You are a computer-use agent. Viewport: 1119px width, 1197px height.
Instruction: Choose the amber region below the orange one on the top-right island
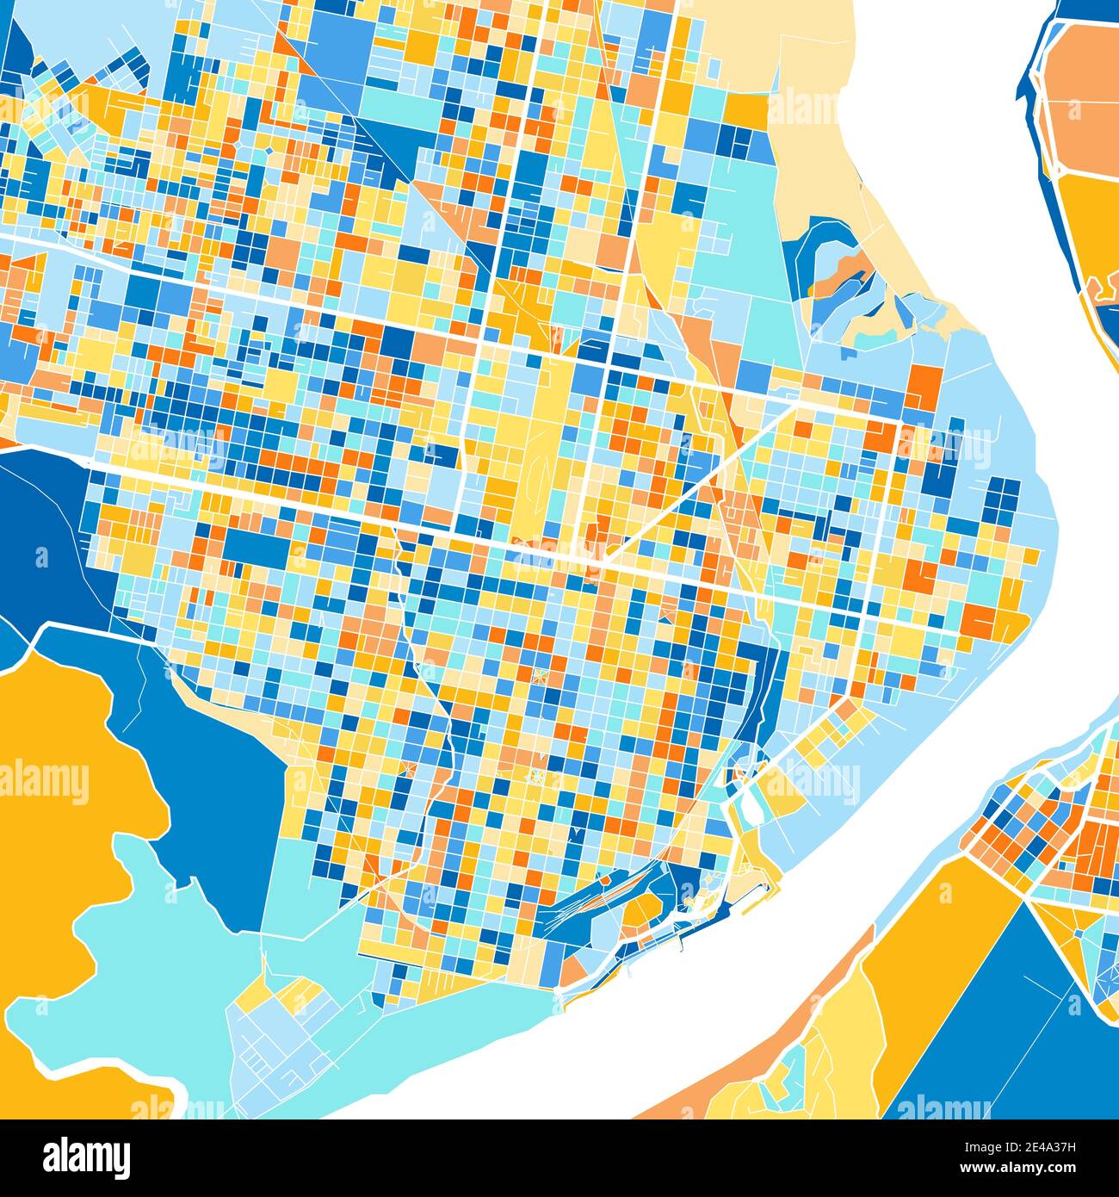(1089, 224)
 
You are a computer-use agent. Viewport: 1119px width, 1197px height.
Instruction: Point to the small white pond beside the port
(748, 805)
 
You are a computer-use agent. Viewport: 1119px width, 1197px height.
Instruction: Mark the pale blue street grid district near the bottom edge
(275, 1051)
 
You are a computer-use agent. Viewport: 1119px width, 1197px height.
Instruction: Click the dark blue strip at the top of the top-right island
(1076, 10)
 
